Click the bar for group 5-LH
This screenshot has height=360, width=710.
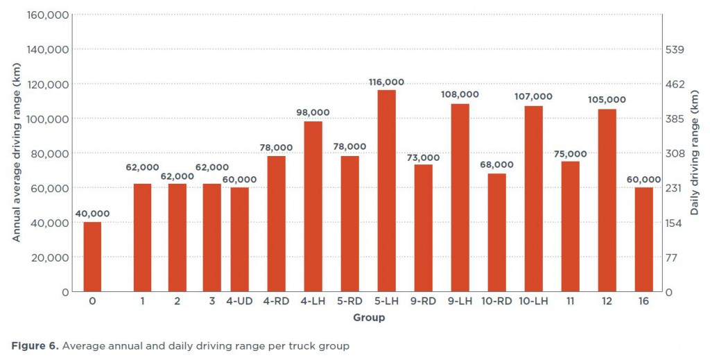click(x=386, y=191)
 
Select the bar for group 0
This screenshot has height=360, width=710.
click(x=92, y=257)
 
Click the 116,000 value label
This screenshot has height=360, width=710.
click(x=386, y=82)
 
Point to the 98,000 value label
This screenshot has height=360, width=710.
click(x=313, y=112)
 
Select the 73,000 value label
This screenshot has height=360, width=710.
click(x=423, y=157)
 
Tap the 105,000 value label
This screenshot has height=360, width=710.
click(x=607, y=100)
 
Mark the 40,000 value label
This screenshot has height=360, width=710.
click(x=92, y=214)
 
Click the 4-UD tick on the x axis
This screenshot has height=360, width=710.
click(x=239, y=302)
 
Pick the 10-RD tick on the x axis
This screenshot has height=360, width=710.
click(x=496, y=302)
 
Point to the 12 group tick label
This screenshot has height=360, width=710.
click(x=607, y=302)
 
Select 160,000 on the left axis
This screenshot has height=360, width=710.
click(x=48, y=15)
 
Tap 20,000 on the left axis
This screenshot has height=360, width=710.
click(x=51, y=257)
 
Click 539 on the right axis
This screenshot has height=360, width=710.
click(x=674, y=49)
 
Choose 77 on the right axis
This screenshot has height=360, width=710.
click(x=671, y=257)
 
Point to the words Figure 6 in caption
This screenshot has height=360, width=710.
click(x=34, y=345)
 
